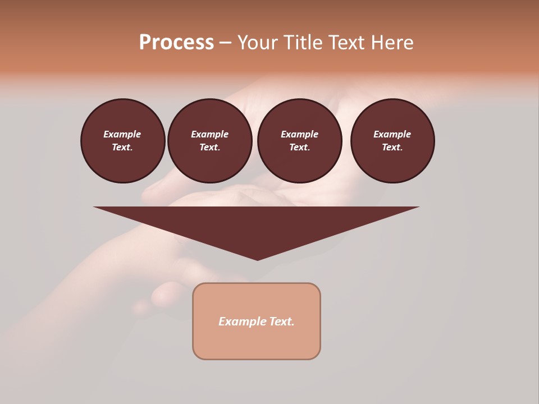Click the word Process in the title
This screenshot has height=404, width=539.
pos(176,43)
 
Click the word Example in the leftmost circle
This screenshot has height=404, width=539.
pos(122,134)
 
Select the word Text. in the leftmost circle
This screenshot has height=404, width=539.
pos(122,147)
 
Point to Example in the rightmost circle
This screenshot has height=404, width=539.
pos(392,134)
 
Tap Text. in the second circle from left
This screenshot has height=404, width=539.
pos(210,147)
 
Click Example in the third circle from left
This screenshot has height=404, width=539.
pos(300,134)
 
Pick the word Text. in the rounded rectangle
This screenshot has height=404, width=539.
pos(282,322)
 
